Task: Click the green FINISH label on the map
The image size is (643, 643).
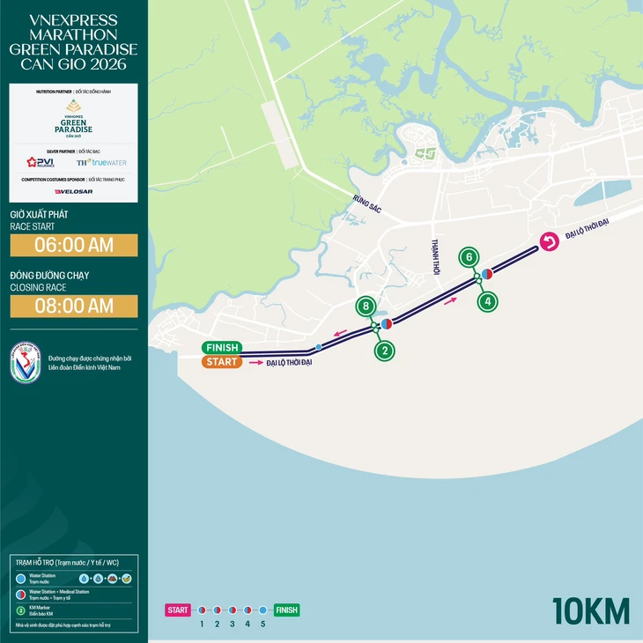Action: click(220, 347)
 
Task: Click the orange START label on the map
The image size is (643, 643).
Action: click(220, 362)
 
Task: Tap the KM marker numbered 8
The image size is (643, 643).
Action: click(366, 307)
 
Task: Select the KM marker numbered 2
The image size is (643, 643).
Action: click(384, 351)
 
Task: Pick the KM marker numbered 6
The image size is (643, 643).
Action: click(469, 257)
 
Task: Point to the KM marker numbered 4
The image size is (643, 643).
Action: click(488, 301)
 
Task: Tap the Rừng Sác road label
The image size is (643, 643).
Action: click(364, 203)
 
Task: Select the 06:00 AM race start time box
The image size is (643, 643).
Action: click(73, 245)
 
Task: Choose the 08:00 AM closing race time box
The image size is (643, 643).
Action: click(73, 306)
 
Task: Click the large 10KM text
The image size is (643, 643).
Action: click(591, 610)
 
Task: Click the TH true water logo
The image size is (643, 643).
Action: click(100, 163)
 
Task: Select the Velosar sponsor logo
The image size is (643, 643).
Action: click(73, 191)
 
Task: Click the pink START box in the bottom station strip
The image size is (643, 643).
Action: click(178, 610)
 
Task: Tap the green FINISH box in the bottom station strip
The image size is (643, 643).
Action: click(286, 610)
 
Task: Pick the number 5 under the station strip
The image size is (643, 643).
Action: click(262, 624)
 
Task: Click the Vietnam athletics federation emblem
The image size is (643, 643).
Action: click(26, 362)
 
